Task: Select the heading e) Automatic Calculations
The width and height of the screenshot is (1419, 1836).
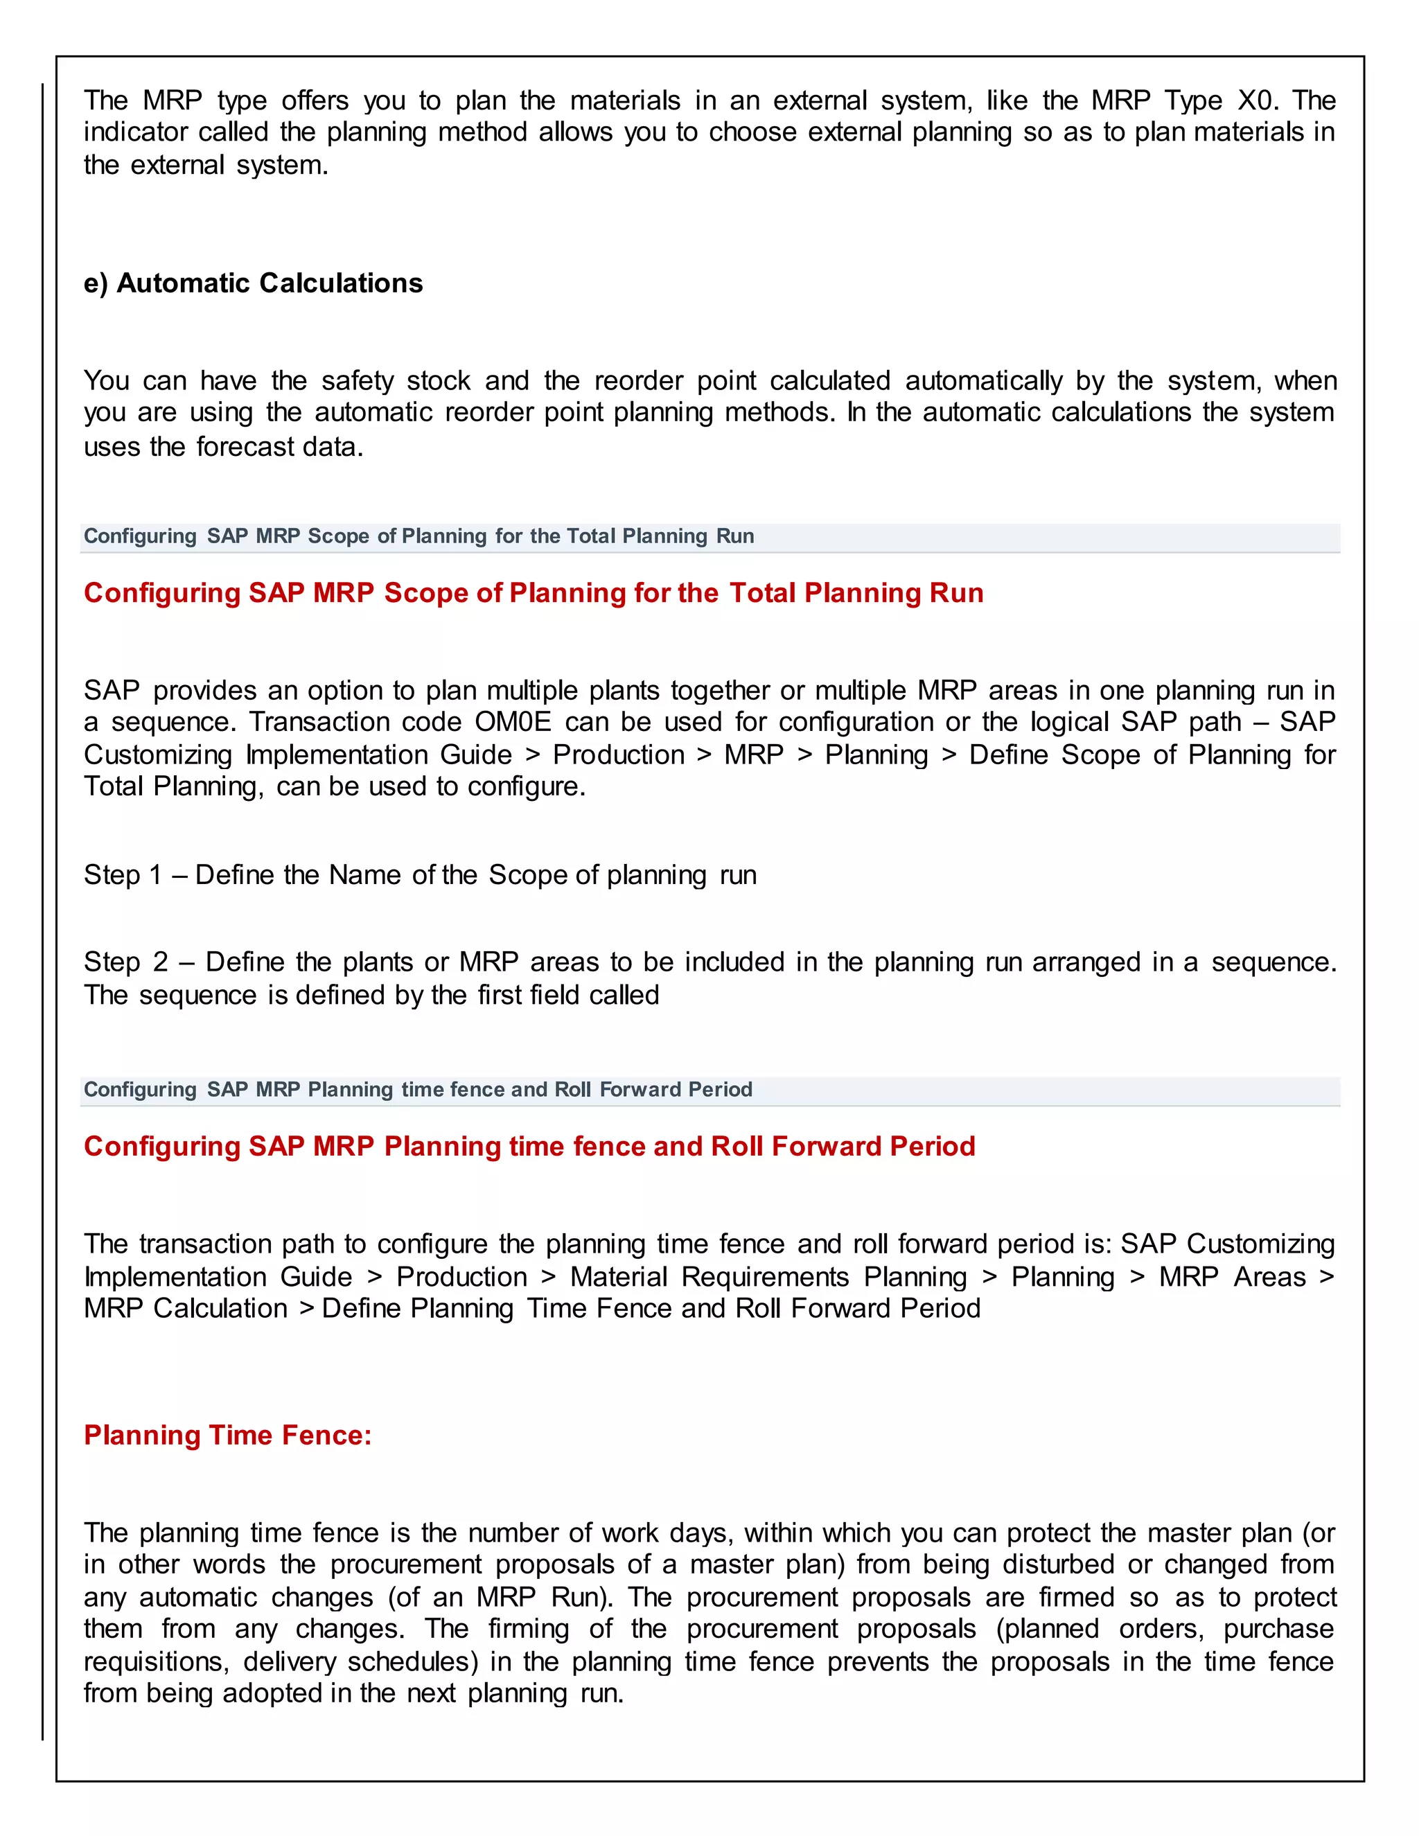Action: (253, 283)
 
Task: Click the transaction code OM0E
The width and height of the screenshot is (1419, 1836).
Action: (513, 722)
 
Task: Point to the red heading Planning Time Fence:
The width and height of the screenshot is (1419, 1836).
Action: (228, 1435)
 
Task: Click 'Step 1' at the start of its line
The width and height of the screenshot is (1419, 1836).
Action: (123, 875)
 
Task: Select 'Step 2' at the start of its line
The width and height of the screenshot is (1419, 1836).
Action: (126, 962)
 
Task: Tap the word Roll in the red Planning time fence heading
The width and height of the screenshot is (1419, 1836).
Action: (737, 1147)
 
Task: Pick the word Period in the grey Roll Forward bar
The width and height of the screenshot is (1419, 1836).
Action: (720, 1090)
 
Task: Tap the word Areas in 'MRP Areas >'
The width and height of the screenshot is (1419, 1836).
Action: (1269, 1277)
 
